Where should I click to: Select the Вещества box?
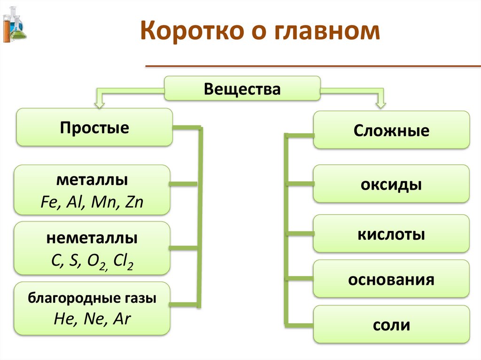tap(242, 89)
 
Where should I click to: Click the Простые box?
tap(94, 127)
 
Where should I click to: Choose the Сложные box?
tap(391, 130)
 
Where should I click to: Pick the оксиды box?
tap(391, 184)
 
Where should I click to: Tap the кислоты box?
tap(391, 234)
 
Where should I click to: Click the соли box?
tap(391, 324)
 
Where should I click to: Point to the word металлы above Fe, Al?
tap(93, 180)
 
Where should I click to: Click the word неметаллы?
tap(92, 238)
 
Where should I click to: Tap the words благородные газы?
tap(92, 298)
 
